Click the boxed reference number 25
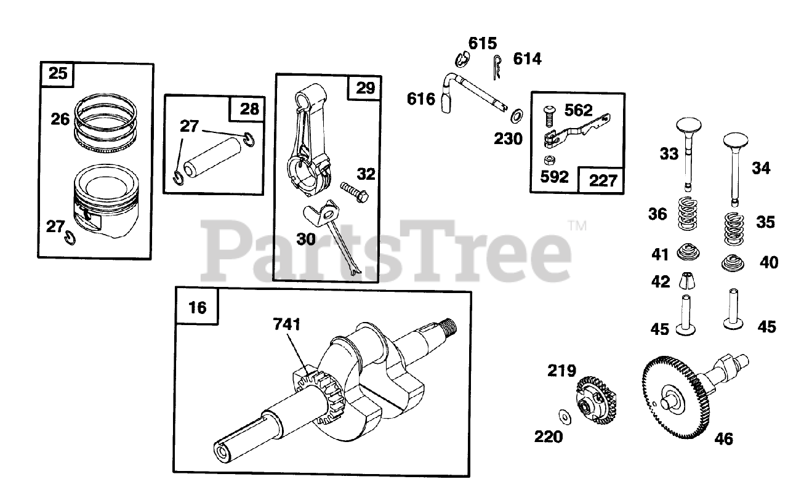(57, 74)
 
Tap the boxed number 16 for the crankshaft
(197, 307)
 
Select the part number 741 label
(287, 324)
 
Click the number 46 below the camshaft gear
(724, 439)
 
